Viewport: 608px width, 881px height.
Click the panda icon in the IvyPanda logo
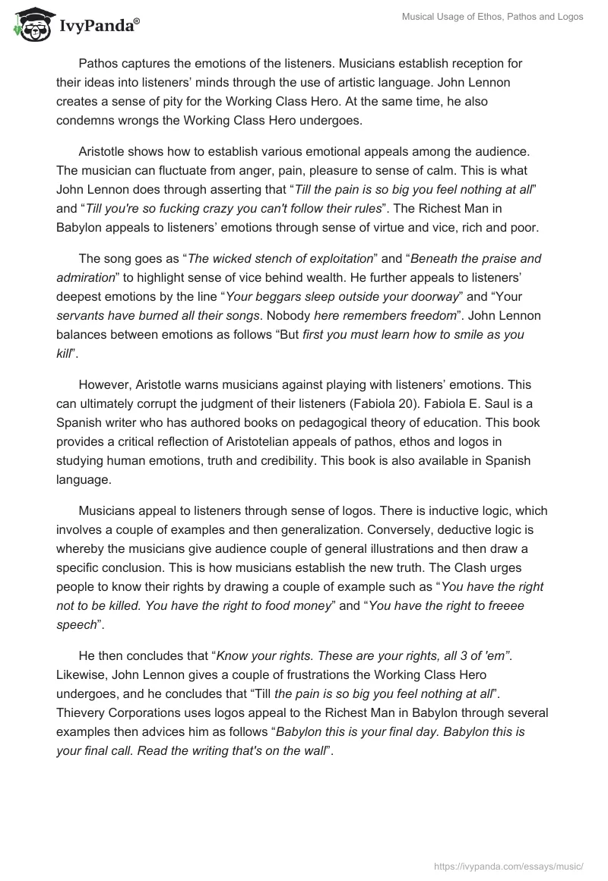tap(29, 27)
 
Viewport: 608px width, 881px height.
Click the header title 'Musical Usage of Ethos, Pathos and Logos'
tap(492, 16)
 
